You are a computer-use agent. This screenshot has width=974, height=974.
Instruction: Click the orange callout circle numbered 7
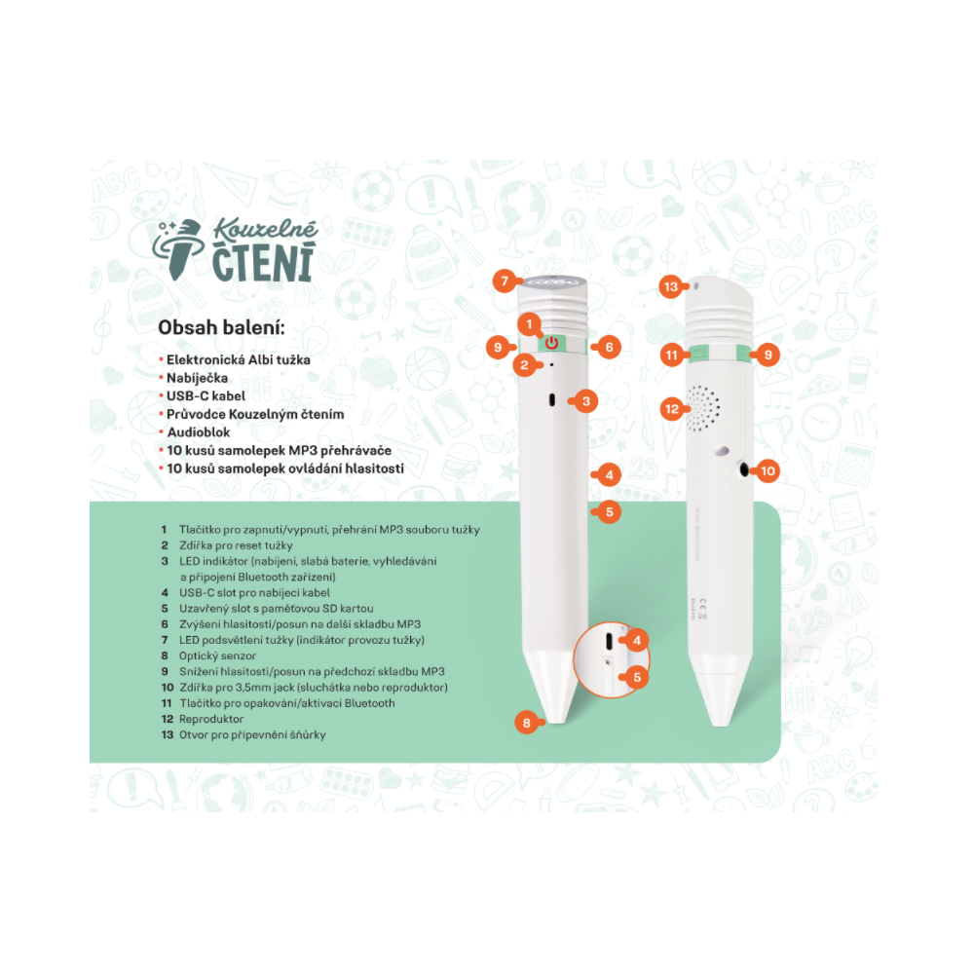505,281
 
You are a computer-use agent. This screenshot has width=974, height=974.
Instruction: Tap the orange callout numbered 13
671,286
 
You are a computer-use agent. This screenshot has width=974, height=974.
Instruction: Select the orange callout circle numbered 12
672,409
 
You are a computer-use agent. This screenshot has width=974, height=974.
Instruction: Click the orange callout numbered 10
768,470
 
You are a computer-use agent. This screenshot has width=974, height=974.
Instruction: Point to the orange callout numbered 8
527,723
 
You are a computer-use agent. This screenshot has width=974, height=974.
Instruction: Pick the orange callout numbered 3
585,401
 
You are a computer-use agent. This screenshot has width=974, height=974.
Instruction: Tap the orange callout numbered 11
671,356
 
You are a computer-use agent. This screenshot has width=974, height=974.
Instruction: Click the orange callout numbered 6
609,348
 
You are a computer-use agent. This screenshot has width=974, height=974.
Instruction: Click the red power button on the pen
551,343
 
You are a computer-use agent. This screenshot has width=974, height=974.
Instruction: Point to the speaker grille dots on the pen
702,408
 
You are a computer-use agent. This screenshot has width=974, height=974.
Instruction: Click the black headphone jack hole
744,469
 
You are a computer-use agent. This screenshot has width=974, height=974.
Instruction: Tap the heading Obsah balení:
221,327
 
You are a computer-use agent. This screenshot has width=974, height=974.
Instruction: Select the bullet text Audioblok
198,432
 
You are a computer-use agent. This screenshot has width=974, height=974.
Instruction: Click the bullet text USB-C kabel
206,396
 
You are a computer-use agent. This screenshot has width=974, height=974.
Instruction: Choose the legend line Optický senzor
217,656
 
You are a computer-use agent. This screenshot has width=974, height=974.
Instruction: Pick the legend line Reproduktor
211,720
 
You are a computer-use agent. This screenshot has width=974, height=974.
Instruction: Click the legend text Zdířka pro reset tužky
236,545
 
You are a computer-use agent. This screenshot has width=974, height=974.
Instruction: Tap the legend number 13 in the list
168,734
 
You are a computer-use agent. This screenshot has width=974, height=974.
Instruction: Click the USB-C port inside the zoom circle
609,641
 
